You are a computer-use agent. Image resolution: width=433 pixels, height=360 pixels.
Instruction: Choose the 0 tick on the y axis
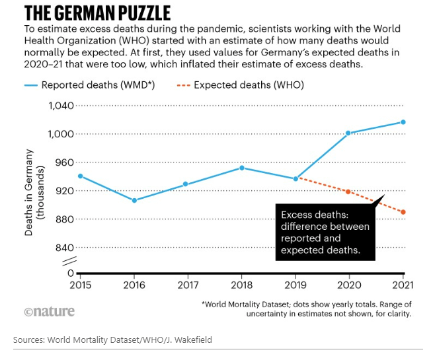click(x=71, y=273)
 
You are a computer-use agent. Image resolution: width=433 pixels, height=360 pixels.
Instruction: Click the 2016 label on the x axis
click(x=135, y=285)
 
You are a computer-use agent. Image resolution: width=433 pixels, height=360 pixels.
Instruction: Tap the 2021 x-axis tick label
click(x=403, y=285)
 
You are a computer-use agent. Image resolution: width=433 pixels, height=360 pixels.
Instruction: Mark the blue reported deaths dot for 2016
click(x=135, y=200)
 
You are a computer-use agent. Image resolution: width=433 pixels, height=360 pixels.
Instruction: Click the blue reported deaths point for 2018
click(x=242, y=168)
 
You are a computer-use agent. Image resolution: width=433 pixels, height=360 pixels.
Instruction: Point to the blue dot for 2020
click(x=348, y=133)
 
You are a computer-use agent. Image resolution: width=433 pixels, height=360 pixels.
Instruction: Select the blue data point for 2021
click(x=403, y=122)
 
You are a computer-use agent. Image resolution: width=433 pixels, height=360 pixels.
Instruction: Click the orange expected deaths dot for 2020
click(x=348, y=192)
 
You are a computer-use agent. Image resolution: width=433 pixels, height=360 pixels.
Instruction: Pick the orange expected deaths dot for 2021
click(x=403, y=212)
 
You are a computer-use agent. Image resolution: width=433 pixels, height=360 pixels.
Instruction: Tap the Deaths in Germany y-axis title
click(x=34, y=192)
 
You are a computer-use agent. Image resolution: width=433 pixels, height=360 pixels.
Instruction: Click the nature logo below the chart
click(x=50, y=312)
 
